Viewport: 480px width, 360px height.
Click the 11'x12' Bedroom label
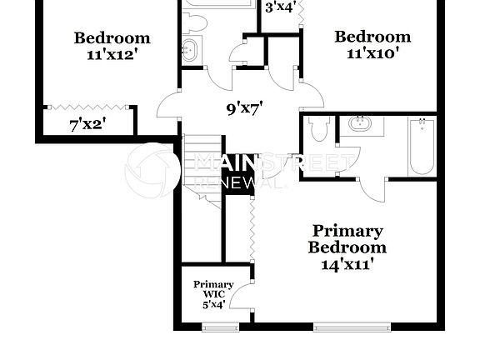(x=112, y=46)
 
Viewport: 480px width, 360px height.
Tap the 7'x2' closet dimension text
(x=87, y=126)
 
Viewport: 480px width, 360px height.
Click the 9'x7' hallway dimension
(x=245, y=107)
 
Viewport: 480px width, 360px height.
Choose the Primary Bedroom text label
(x=347, y=238)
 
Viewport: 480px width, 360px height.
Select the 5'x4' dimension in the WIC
(x=213, y=304)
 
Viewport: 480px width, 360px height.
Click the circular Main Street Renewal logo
(x=152, y=171)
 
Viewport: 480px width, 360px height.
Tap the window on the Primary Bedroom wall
(x=343, y=326)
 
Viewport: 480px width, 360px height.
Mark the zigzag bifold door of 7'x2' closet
(x=87, y=108)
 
